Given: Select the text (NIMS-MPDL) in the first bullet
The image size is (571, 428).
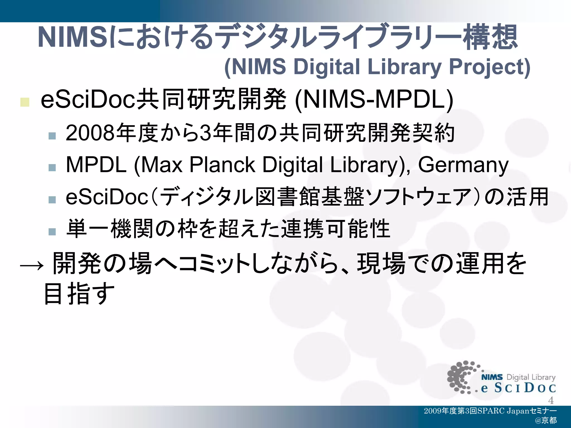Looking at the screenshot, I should click(374, 100).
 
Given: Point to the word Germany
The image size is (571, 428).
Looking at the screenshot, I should click(463, 165).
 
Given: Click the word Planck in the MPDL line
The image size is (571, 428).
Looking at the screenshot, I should click(222, 165).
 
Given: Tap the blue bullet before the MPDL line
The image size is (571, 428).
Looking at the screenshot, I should click(52, 167).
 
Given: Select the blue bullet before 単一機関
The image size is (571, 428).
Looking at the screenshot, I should click(52, 231).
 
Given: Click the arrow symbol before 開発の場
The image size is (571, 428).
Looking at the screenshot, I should click(32, 266).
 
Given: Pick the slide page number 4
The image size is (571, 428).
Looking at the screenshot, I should click(551, 400).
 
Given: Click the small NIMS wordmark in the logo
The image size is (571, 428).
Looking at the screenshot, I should click(492, 377).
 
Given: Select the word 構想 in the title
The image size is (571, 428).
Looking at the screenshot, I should click(490, 37).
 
